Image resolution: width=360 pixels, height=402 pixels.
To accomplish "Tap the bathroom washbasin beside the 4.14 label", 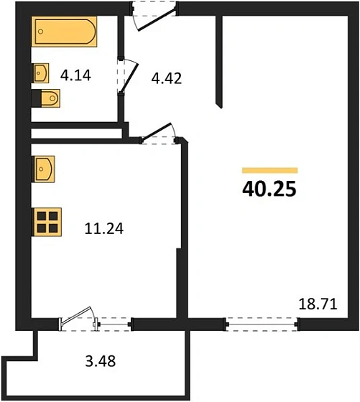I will [x=42, y=73].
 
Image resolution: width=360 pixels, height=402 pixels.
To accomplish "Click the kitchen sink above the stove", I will [x=44, y=170].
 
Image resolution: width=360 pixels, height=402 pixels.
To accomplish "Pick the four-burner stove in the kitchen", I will [x=48, y=221].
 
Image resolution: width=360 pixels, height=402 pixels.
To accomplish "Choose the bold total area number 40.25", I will [x=269, y=191].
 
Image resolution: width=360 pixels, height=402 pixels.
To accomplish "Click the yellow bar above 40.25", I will [x=269, y=170].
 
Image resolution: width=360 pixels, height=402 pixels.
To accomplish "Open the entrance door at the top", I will [x=153, y=16].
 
